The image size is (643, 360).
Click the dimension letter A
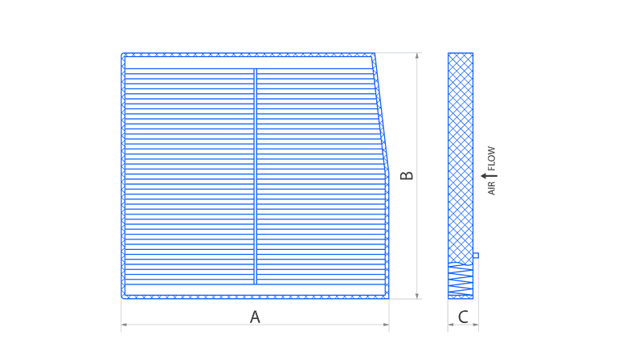click(x=255, y=317)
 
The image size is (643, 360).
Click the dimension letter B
click(x=407, y=175)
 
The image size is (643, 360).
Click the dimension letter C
click(x=463, y=317)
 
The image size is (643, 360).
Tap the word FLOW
click(x=491, y=158)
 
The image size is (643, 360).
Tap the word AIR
click(x=491, y=187)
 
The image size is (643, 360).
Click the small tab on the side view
click(x=476, y=256)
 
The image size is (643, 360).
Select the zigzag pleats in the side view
click(x=461, y=280)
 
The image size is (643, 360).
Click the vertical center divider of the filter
click(x=255, y=176)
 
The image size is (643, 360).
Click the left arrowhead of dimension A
click(x=124, y=325)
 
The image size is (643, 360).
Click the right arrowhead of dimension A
click(x=386, y=325)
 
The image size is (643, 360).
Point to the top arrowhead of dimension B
click(x=417, y=55)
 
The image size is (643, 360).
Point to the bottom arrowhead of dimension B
click(x=417, y=296)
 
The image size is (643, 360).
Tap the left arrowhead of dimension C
click(x=451, y=325)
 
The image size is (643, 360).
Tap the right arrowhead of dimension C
click(x=476, y=325)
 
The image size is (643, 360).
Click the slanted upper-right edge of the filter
click(x=381, y=111)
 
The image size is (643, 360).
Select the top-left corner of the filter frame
click(x=123, y=54)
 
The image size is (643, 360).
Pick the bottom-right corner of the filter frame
click(x=388, y=297)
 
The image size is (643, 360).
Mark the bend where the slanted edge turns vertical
click(x=388, y=168)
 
